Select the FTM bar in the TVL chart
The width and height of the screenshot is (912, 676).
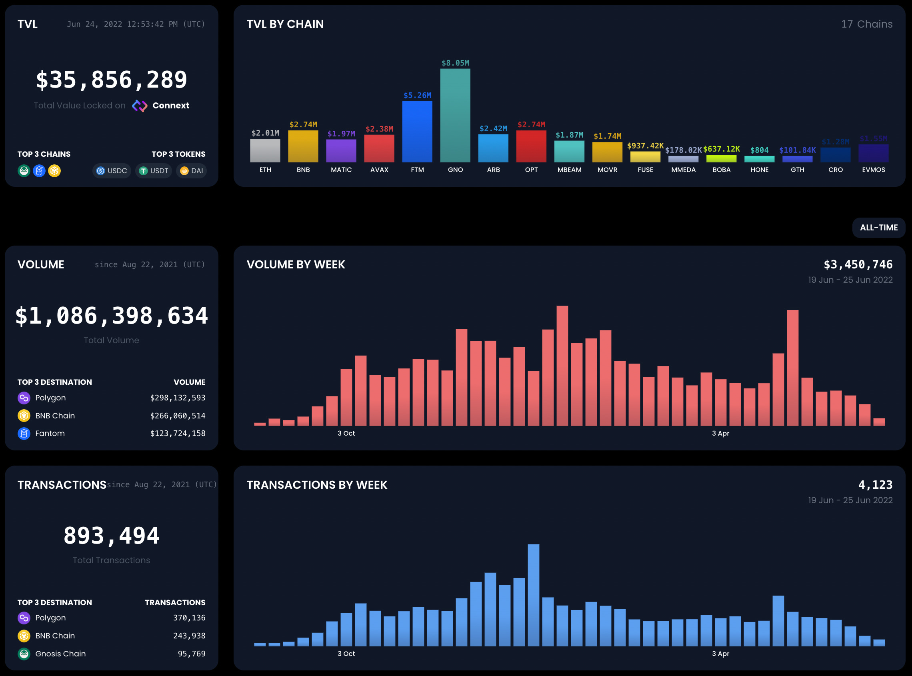coord(417,131)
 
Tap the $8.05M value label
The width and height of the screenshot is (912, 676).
coord(455,63)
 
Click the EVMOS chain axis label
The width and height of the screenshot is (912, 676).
coord(873,170)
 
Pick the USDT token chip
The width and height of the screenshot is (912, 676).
coord(154,171)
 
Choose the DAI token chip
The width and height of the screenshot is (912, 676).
coord(192,171)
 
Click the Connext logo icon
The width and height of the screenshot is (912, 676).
coord(140,106)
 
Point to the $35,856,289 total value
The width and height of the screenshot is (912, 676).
coord(111,79)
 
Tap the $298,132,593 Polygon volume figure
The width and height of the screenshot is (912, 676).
coord(178,398)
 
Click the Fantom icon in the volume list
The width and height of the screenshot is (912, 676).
coord(24,433)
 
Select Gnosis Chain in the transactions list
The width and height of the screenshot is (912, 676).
coord(60,654)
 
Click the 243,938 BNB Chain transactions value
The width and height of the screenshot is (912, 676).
coord(189,636)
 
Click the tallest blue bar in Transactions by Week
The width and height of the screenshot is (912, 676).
coord(533,595)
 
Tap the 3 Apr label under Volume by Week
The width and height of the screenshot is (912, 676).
coord(720,433)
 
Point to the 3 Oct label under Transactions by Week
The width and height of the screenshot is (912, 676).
coord(346,654)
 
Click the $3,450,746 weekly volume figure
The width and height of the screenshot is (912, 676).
coord(858,265)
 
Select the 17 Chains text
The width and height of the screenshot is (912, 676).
coord(866,24)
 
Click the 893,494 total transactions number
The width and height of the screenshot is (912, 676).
coord(111,536)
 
